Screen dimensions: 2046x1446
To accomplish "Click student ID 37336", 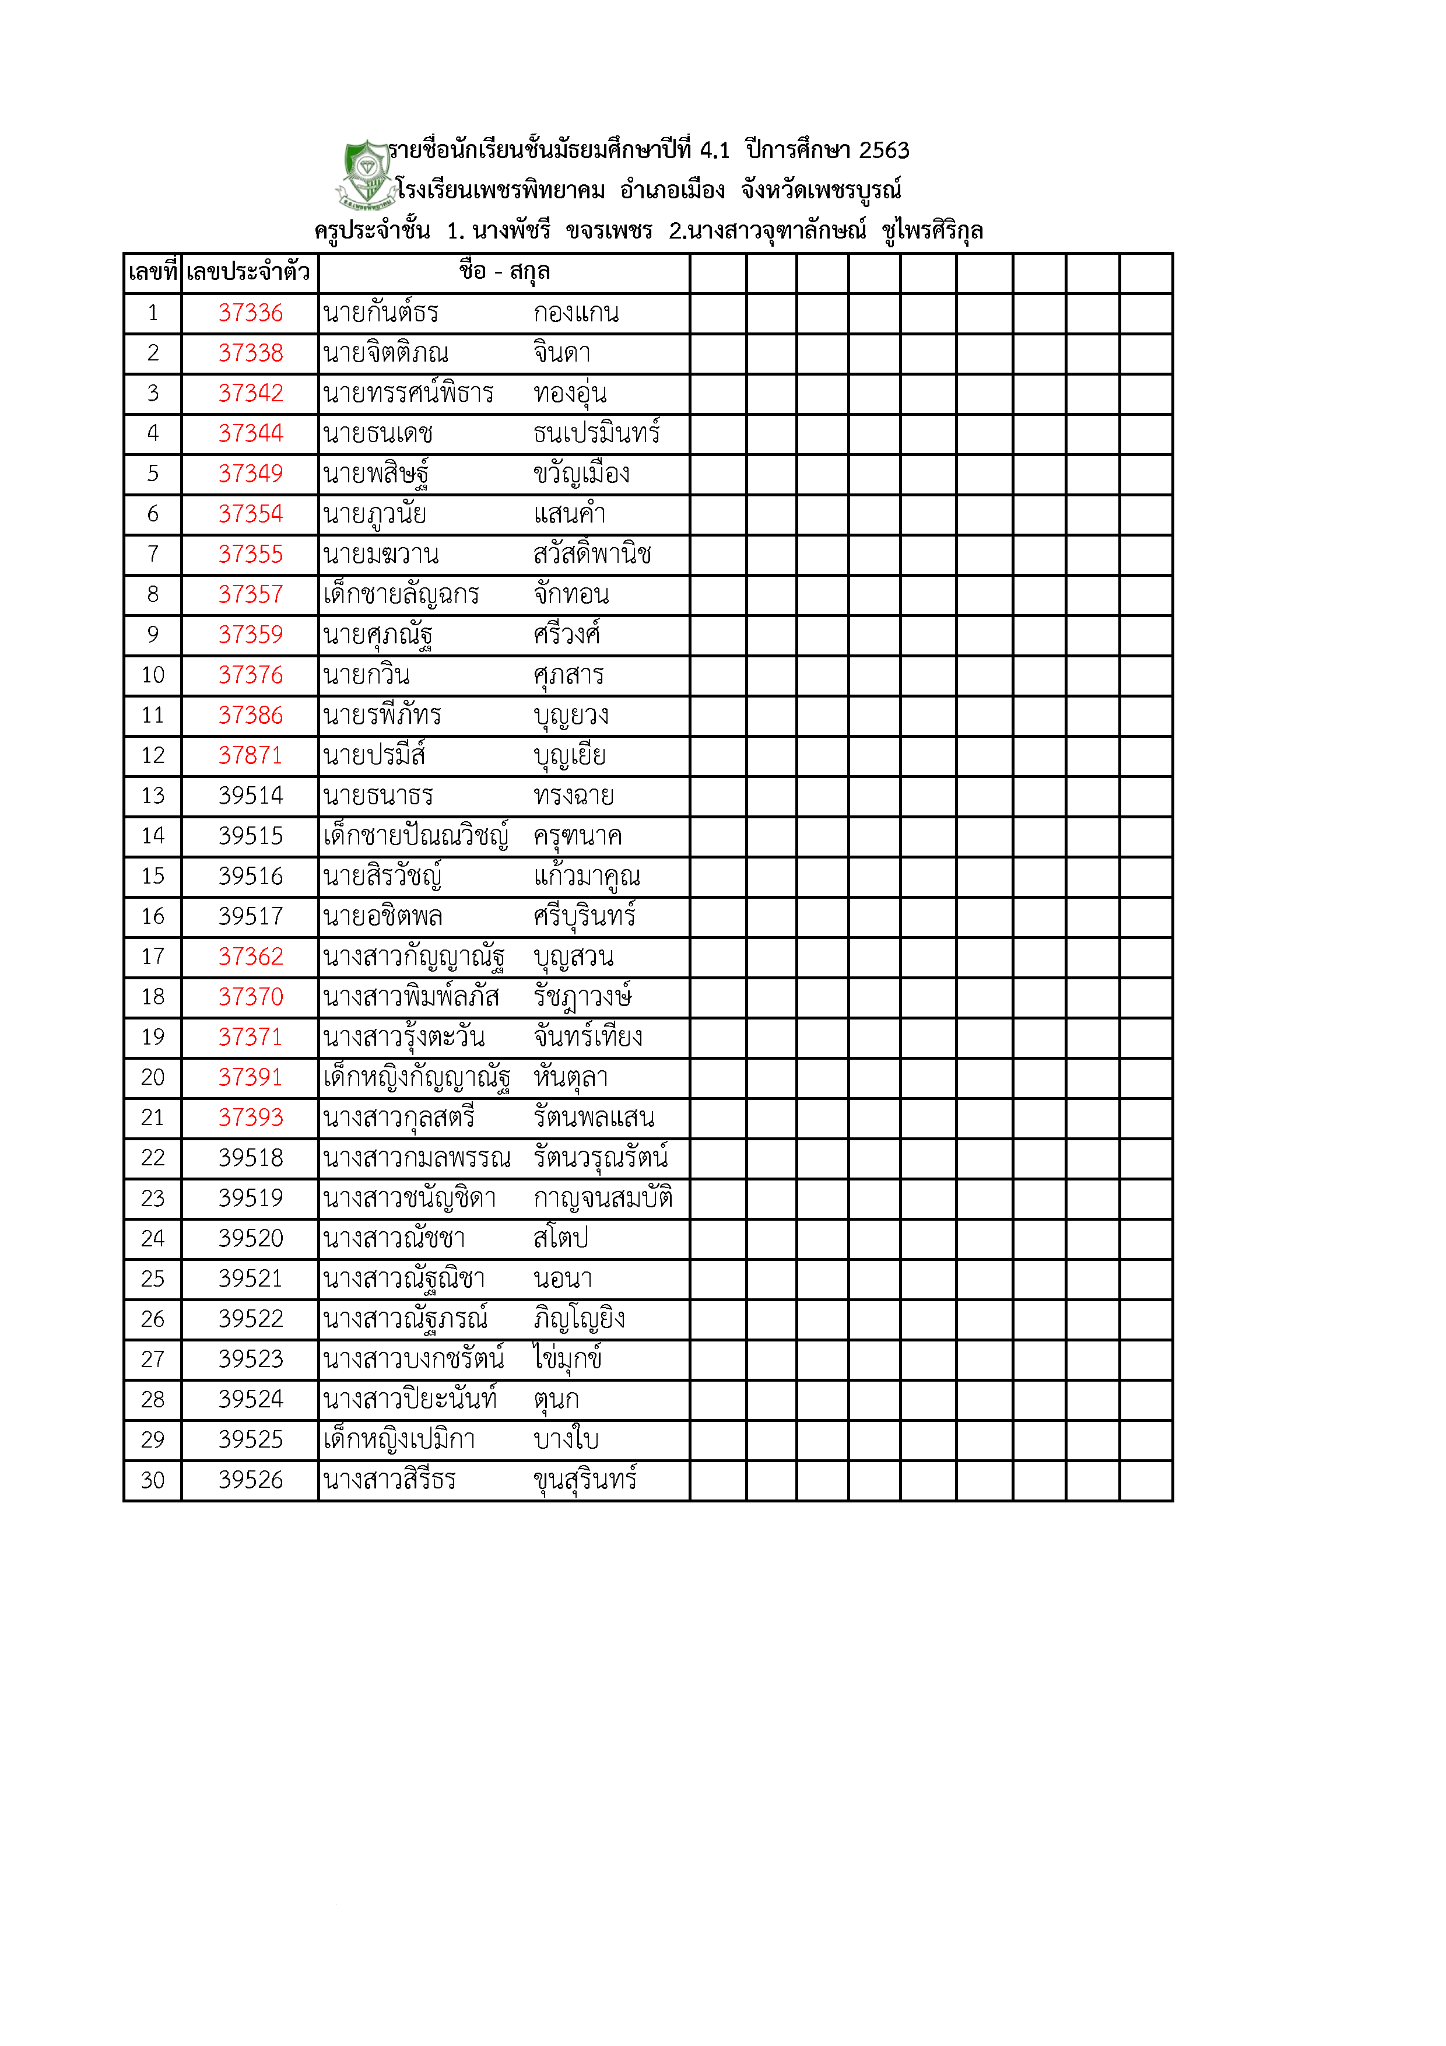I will (250, 313).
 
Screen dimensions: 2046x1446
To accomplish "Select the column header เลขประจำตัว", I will (248, 272).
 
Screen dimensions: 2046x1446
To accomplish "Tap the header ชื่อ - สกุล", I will (504, 272).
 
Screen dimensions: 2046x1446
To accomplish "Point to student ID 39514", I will (250, 796).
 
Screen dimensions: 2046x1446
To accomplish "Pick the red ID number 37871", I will (250, 756).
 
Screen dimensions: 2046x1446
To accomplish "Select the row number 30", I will (152, 1480).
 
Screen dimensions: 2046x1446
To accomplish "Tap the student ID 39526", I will (250, 1480).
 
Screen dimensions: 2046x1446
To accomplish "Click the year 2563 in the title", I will (884, 150).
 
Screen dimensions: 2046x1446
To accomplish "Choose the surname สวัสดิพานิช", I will (592, 554).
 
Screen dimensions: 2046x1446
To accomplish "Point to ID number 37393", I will (250, 1117).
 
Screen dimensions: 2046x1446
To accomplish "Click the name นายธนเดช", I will (378, 434).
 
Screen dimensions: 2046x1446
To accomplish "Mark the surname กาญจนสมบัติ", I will (603, 1199).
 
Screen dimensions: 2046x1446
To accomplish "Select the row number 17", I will (152, 957).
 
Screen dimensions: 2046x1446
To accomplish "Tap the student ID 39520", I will (250, 1239).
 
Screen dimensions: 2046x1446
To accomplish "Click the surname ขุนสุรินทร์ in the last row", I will (585, 1480).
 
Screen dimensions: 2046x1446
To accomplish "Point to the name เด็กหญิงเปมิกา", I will (399, 1440).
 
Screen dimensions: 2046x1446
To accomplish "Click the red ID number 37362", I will (250, 957).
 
